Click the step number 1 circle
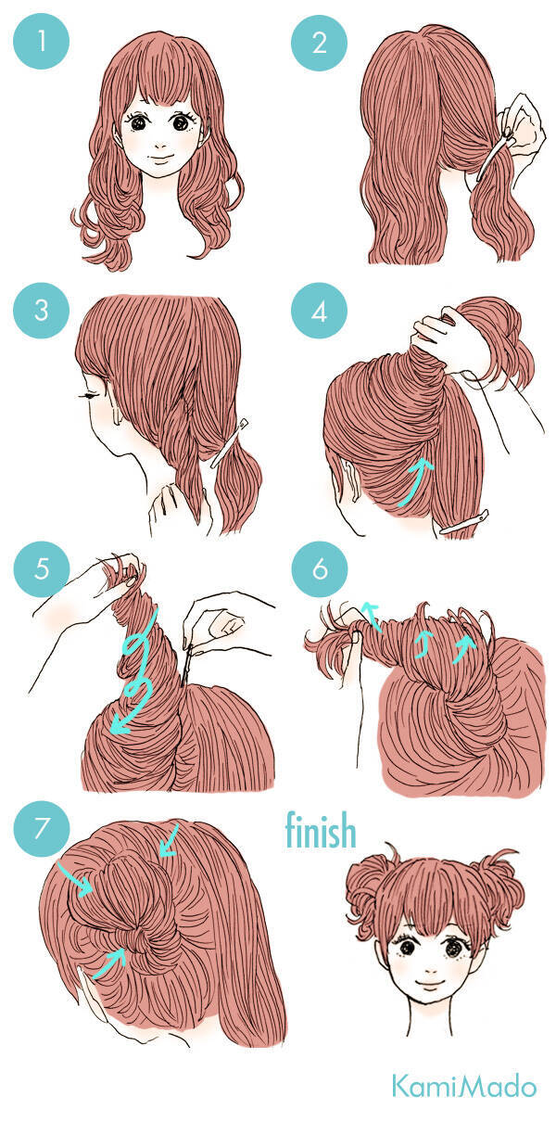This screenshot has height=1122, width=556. click(x=41, y=41)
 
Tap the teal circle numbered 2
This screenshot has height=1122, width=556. click(x=320, y=42)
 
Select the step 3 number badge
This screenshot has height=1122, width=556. click(x=41, y=310)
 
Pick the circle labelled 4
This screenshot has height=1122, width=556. click(x=320, y=311)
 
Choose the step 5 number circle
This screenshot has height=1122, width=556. click(x=42, y=569)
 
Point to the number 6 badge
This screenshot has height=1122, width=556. click(x=320, y=569)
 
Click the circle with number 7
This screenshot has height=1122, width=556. click(x=41, y=828)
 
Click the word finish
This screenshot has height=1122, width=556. click(x=321, y=830)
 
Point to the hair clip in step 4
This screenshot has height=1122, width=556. click(x=464, y=521)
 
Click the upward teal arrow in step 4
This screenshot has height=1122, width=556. click(x=415, y=482)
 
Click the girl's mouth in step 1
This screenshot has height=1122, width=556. click(x=161, y=159)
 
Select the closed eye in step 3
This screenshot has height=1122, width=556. click(x=89, y=396)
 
